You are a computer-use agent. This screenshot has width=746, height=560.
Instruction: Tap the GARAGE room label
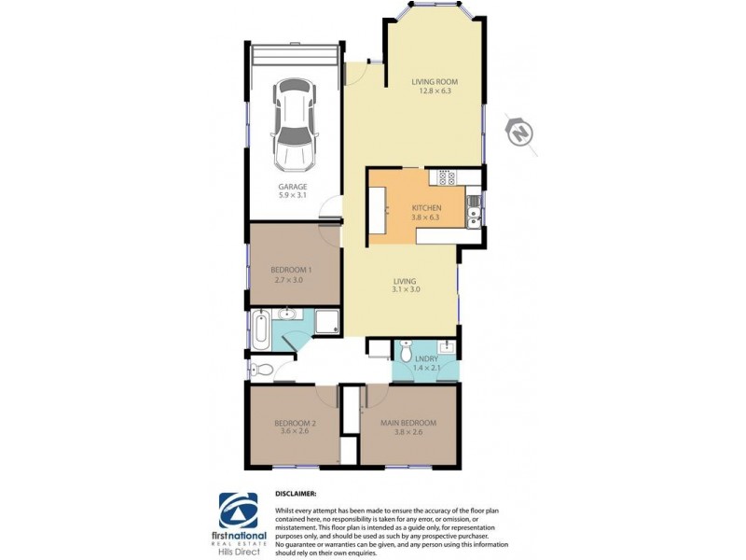click(294, 187)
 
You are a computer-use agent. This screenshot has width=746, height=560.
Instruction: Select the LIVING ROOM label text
click(435, 82)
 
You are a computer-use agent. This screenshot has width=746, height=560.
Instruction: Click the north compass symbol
click(518, 133)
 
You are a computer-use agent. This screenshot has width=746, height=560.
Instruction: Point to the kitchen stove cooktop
click(442, 177)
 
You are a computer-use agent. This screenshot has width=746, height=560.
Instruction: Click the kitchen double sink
click(475, 217)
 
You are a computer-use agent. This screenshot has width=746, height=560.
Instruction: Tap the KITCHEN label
click(427, 208)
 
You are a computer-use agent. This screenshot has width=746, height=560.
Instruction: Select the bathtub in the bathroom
click(260, 329)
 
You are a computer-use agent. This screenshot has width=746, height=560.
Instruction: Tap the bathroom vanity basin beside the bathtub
click(289, 314)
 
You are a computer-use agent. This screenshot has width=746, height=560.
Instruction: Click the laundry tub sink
click(447, 348)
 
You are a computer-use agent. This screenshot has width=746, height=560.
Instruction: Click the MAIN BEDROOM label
click(408, 423)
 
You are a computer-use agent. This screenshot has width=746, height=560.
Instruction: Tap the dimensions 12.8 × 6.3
click(435, 91)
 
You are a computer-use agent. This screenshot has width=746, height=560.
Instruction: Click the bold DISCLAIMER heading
click(296, 492)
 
